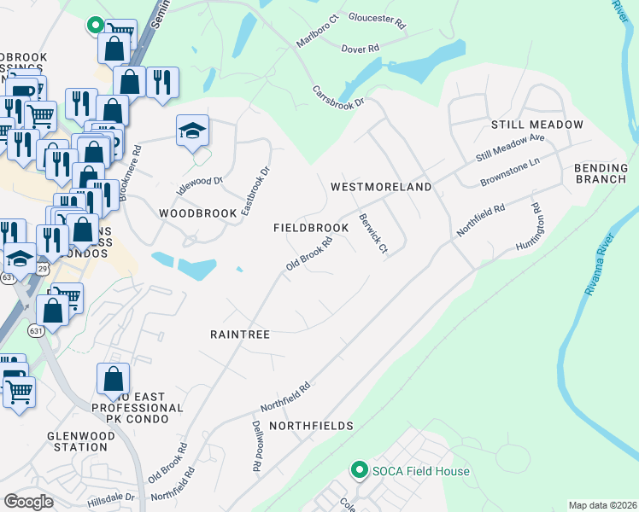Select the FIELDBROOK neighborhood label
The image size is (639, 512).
311,229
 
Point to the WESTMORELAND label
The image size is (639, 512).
380,186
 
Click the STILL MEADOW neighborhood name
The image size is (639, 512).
537,125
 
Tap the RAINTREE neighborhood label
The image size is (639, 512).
240,335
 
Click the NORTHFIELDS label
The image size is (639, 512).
311,425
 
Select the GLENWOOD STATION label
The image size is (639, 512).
79,440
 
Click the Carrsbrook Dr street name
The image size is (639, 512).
338,96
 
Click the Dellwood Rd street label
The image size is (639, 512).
255,447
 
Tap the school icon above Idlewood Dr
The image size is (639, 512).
193,131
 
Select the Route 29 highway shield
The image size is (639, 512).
42,268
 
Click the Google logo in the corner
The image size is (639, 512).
28,501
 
